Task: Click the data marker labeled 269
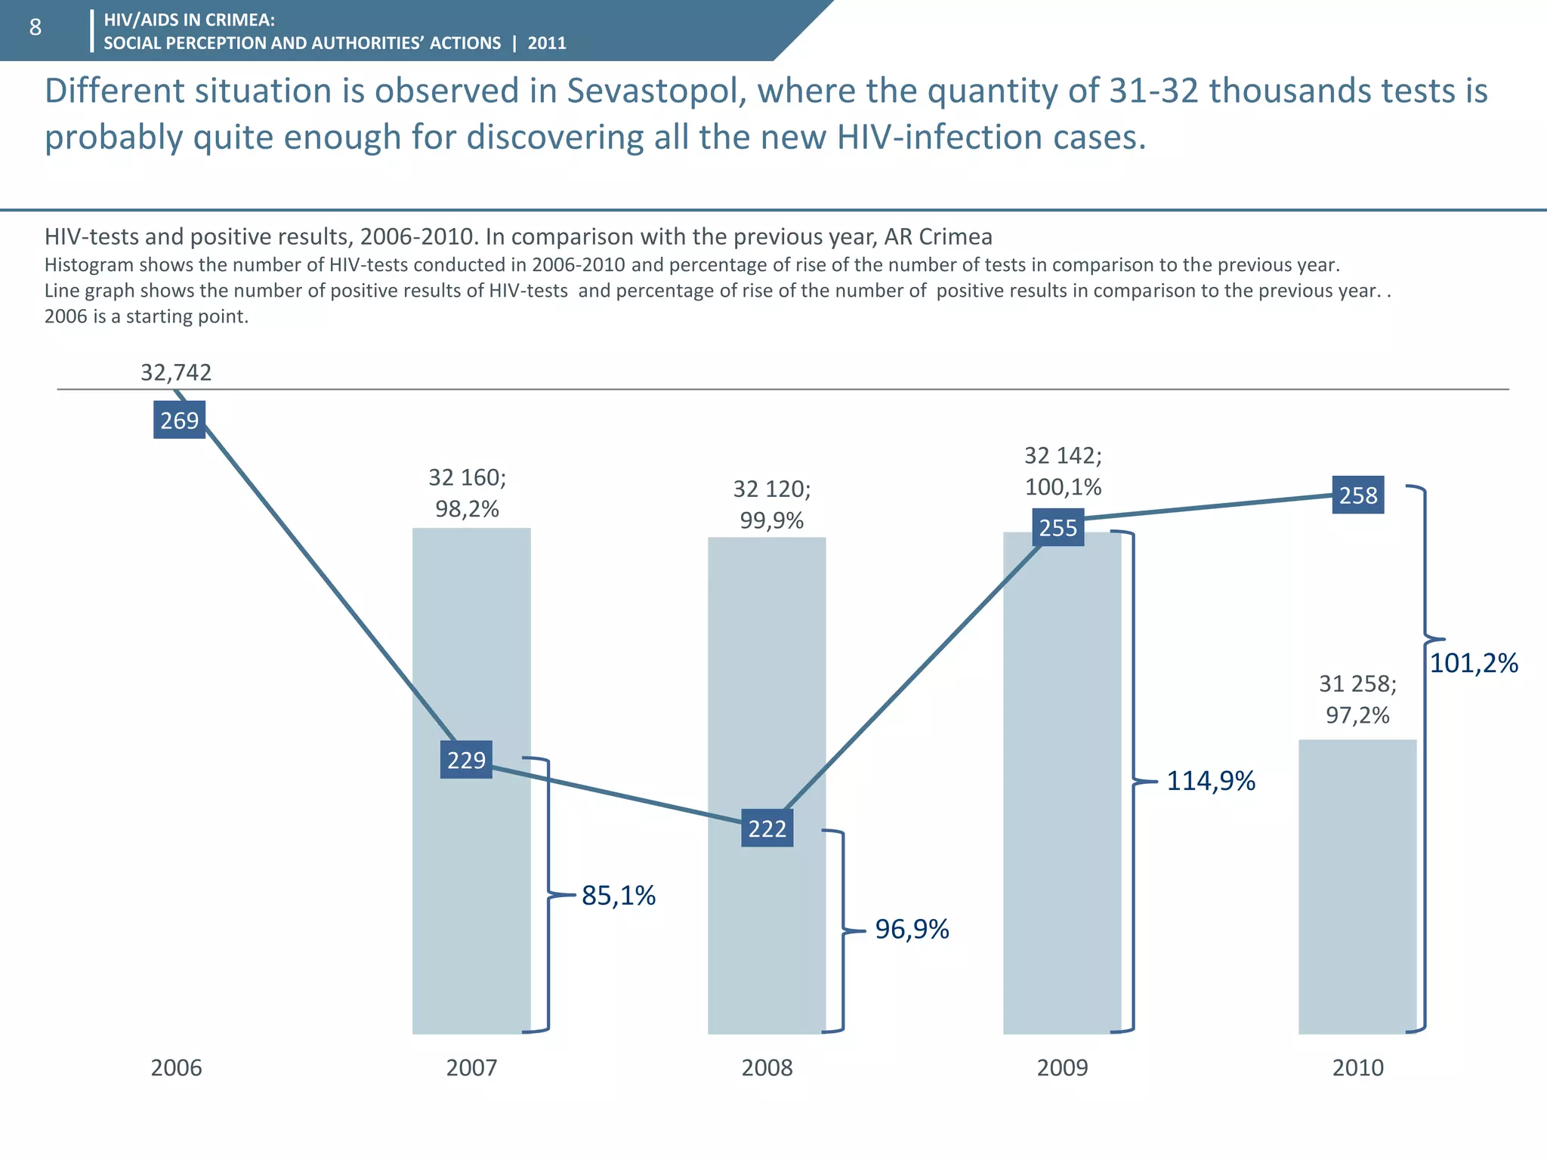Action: click(179, 420)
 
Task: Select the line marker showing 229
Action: click(466, 759)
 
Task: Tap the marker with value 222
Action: click(767, 828)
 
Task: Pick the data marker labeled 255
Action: click(1058, 527)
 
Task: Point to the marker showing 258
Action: click(1357, 495)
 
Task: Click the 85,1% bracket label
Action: click(618, 896)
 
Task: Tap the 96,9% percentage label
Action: click(912, 929)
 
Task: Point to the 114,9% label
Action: click(1210, 780)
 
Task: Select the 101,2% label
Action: click(1473, 663)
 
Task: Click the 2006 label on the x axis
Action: click(176, 1067)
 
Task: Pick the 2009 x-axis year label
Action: click(1062, 1067)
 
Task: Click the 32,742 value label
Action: click(176, 372)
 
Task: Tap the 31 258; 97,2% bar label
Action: click(1357, 699)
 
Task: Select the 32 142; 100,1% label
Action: click(1062, 470)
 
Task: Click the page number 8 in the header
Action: click(35, 28)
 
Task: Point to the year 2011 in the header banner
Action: click(547, 43)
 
